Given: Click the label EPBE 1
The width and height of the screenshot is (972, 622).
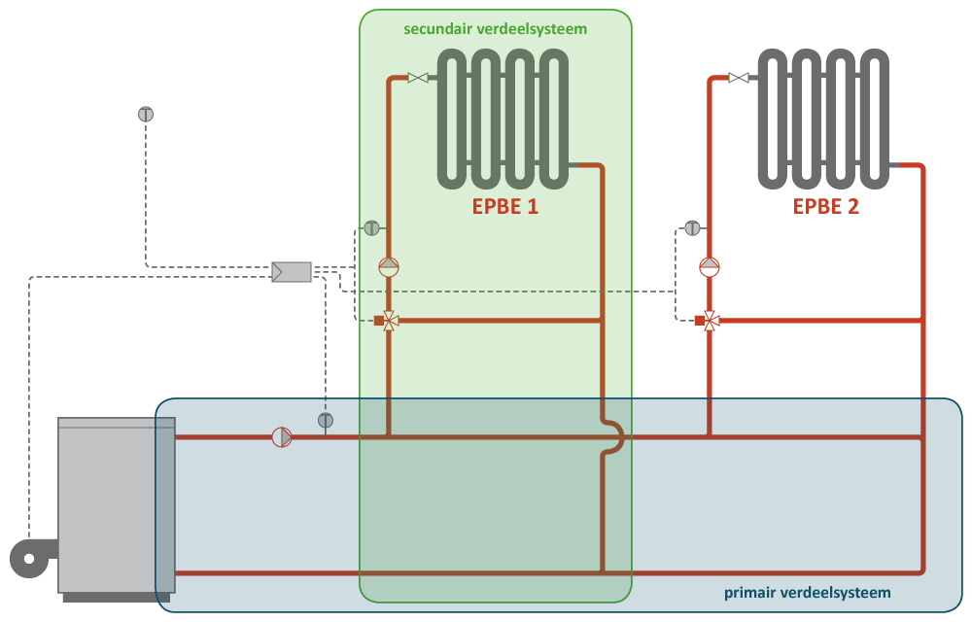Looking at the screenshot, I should [504, 206].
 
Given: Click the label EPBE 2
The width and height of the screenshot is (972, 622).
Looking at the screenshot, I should [825, 206].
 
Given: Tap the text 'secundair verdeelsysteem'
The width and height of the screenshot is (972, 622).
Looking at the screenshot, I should [496, 29].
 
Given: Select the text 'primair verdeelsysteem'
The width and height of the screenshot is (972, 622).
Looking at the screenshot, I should [807, 592].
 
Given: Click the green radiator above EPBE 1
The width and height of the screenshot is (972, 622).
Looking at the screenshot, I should [502, 119].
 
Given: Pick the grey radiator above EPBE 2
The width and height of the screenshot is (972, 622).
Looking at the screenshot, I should [823, 119].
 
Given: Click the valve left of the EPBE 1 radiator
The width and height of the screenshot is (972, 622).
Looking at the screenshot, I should [418, 78].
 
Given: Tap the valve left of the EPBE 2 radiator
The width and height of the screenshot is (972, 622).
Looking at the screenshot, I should [739, 78].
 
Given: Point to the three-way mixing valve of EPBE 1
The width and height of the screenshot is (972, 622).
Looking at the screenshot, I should [389, 321].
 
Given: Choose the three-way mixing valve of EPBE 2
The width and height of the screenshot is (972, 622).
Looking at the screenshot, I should [710, 321].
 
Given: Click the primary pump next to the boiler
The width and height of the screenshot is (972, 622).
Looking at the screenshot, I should [282, 437].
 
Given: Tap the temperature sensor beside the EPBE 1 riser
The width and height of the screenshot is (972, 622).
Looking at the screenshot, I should [371, 227].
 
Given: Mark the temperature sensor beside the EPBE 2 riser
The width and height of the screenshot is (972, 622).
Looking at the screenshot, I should [692, 227].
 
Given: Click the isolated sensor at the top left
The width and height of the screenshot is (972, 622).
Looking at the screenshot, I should [146, 114].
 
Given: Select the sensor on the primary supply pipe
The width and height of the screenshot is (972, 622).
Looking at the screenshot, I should [326, 420].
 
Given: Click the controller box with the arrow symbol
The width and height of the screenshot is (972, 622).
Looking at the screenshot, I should [292, 271].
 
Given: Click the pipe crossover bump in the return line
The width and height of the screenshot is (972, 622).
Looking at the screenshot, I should [614, 437].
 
